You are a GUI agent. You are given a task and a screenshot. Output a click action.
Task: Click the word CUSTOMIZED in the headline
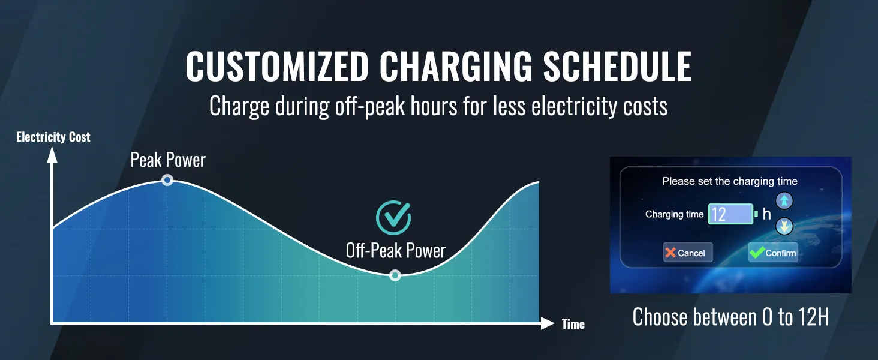[x=277, y=66]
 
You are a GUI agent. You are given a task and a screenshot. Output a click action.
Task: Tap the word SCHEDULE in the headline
[x=617, y=66]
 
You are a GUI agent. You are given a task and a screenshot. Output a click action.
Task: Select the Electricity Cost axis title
[x=53, y=137]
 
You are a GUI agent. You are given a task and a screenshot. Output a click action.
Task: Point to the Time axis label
[x=573, y=325]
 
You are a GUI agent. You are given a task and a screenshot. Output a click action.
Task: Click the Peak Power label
[x=168, y=160]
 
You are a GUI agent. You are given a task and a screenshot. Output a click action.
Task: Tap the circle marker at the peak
[x=167, y=180]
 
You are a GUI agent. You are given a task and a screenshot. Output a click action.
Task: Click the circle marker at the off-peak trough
[x=395, y=275]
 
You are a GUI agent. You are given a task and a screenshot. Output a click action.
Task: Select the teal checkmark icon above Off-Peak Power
[x=393, y=218]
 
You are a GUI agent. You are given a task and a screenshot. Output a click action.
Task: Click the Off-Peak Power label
[x=395, y=251]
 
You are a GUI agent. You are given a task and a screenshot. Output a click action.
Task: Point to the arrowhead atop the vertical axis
[x=52, y=155]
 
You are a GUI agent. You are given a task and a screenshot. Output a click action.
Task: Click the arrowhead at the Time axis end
[x=548, y=323]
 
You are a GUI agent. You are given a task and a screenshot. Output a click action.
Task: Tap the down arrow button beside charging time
[x=784, y=226]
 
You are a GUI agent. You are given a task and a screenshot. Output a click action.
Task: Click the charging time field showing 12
[x=730, y=214]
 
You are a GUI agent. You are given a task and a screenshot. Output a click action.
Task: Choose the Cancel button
[x=688, y=252]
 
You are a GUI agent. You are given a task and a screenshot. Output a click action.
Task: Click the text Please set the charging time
[x=730, y=181]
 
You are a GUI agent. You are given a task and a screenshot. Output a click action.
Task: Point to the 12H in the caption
[x=814, y=317]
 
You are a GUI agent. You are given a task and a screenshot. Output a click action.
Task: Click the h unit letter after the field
[x=766, y=214]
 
